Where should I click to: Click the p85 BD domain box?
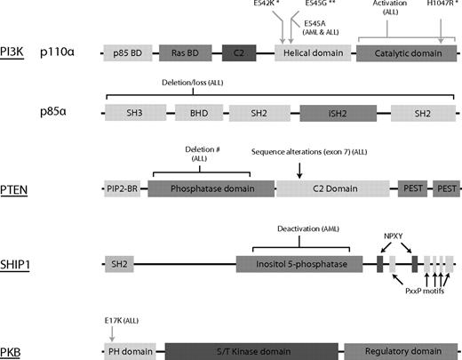point(127,53)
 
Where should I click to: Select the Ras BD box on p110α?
point(185,53)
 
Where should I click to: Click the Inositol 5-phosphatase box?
point(299,263)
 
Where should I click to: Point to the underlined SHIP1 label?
point(17,264)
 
